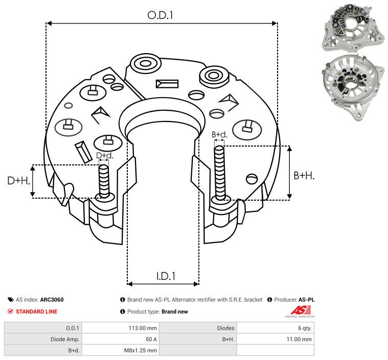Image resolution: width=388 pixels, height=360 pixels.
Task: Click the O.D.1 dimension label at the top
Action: coord(160,15)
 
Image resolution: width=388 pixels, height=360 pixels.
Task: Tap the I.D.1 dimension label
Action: coord(166,276)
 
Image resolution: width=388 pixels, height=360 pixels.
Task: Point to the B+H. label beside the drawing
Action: coord(304,176)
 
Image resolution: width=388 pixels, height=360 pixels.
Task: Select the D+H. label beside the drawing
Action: coord(18,181)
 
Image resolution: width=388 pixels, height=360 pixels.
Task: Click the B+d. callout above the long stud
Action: coord(219,134)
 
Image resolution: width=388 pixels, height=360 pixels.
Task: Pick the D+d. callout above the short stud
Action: coord(104,156)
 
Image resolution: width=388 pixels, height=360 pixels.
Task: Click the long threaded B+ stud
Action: coord(219,173)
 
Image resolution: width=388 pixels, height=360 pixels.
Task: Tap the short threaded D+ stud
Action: coord(104,181)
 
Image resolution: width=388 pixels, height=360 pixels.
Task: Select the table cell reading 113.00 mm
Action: coord(143,328)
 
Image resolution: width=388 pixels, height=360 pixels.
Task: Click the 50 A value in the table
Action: coord(151,339)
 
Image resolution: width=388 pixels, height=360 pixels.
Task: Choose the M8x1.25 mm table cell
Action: coord(140,350)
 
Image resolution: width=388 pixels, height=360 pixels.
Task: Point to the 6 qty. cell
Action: coord(305,328)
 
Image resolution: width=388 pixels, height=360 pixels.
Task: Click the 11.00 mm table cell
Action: coord(299,339)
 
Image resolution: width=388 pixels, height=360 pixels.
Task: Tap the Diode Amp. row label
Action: coord(65,339)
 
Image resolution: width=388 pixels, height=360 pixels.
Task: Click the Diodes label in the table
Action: coord(225,328)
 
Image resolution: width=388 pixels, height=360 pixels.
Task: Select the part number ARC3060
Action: coord(52,300)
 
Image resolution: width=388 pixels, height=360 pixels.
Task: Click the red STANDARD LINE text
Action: coord(37,311)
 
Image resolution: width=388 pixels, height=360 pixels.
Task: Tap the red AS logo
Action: coord(300,311)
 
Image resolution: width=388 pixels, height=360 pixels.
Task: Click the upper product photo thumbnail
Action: coord(353,28)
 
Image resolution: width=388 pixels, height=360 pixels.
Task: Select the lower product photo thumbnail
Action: coord(354,87)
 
